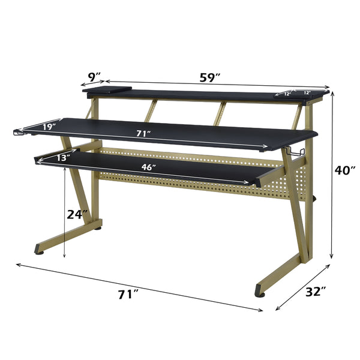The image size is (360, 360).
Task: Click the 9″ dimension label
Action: pos(94,77)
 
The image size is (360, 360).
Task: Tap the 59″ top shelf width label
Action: pos(209,78)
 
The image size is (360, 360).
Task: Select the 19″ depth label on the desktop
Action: pos(49,127)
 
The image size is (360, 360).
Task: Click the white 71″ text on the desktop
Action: pos(142,134)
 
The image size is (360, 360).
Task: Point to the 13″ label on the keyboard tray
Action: pos(62,158)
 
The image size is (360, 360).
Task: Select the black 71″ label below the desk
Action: pos(128,294)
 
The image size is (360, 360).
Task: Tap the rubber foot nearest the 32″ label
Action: pos(260,292)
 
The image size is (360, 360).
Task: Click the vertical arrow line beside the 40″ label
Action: pos(331,174)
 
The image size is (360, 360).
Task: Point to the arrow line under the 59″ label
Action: pos(216,85)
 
